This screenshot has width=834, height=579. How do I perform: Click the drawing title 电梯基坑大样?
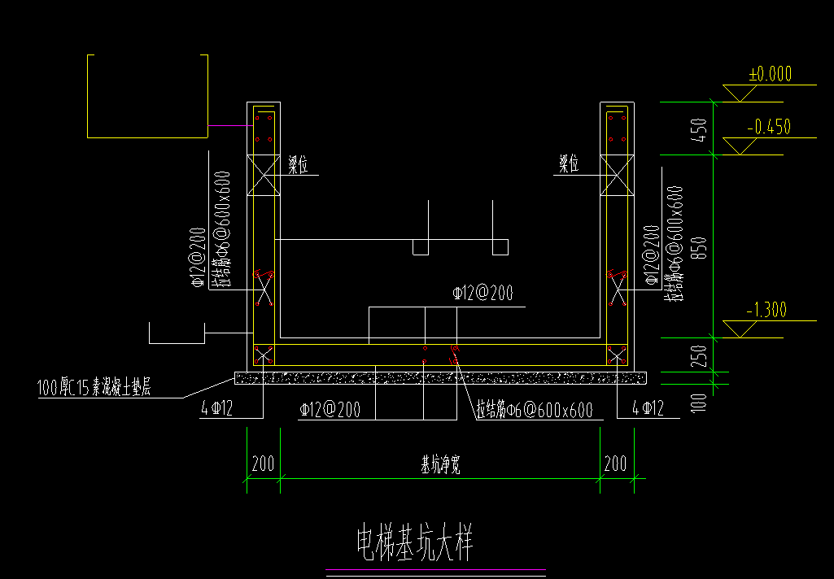coord(415,542)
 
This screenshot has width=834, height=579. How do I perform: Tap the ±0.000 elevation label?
coord(770,74)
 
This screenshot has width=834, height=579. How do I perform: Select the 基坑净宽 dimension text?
coord(440,465)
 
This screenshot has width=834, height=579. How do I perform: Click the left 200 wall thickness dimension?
coord(263,464)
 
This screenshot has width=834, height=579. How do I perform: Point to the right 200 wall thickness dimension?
coord(616,464)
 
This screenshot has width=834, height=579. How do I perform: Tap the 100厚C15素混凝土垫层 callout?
coord(94,388)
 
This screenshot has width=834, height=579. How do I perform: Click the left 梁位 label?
coord(299,164)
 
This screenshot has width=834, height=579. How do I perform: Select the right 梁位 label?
coord(568,164)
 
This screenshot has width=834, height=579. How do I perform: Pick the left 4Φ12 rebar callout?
coord(217,408)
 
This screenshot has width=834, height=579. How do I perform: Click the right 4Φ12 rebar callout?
coord(648,408)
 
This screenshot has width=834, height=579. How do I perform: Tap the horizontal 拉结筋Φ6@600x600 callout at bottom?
coord(534,411)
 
